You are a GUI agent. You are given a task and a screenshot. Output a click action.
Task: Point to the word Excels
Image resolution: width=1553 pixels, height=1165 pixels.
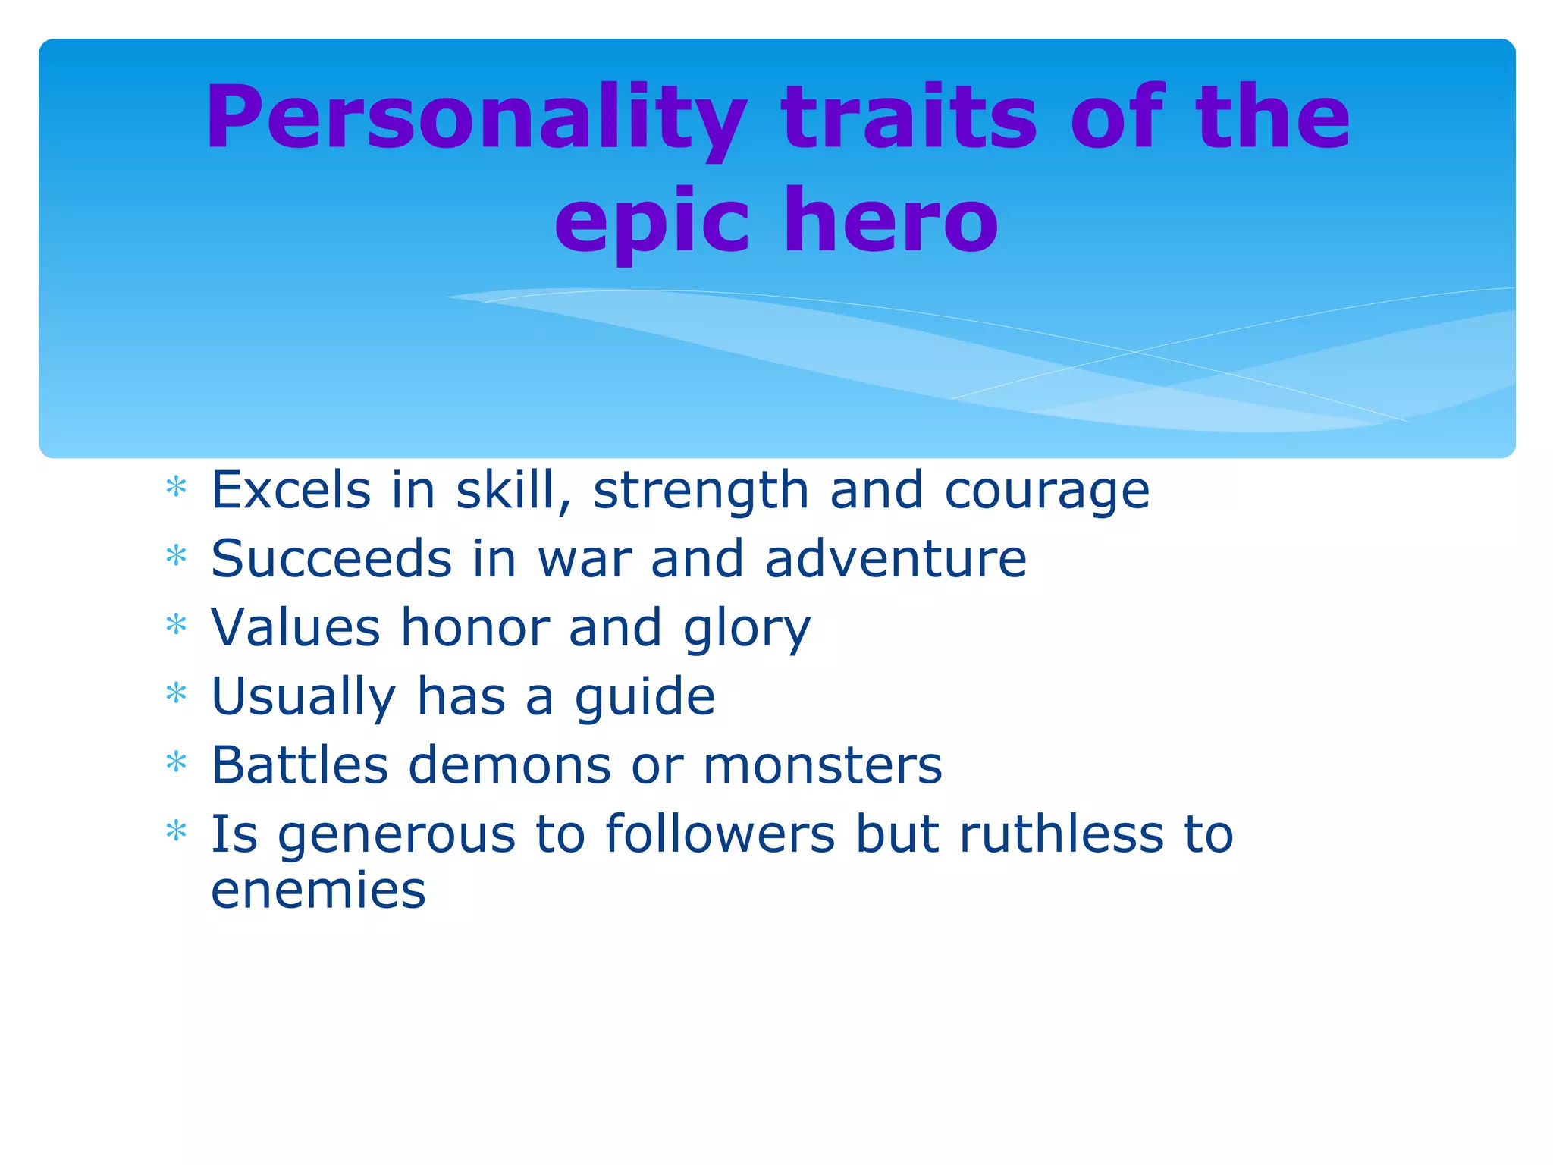[x=290, y=490]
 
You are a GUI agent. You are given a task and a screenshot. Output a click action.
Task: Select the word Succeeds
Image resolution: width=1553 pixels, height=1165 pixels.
[x=331, y=559]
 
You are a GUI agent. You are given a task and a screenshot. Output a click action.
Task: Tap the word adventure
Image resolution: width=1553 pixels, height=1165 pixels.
[x=896, y=559]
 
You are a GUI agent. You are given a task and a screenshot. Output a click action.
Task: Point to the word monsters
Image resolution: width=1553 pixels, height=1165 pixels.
[x=823, y=765]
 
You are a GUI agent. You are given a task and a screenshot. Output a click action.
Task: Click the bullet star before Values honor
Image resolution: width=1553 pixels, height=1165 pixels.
[x=176, y=624]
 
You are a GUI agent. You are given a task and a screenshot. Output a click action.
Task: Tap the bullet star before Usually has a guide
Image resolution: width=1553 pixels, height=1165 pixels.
[x=176, y=692]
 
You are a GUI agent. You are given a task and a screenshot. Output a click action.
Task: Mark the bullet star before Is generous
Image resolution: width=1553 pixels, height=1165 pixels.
[x=176, y=831]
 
